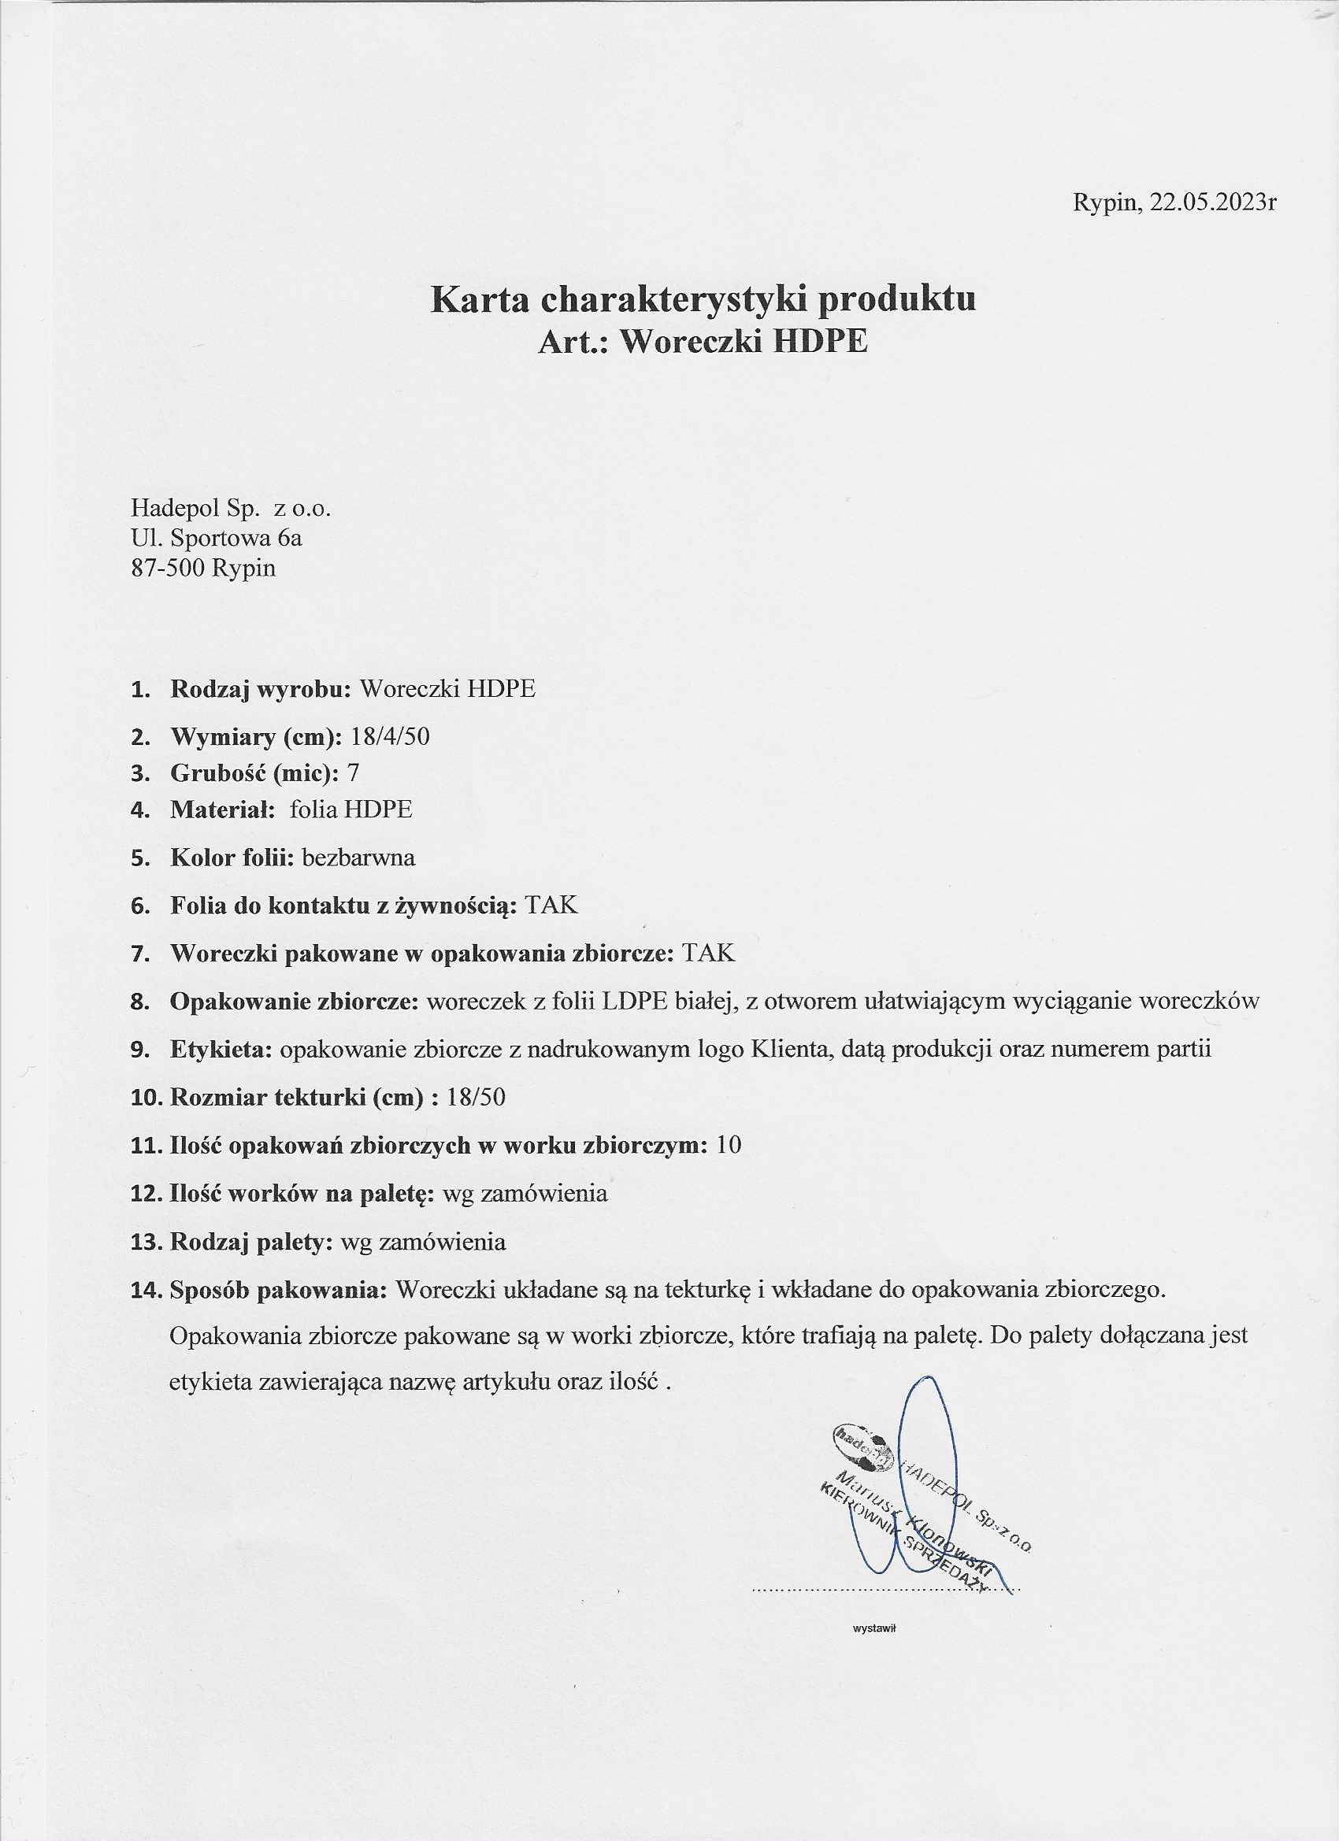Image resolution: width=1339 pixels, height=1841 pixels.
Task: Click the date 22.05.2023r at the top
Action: pyautogui.click(x=1213, y=203)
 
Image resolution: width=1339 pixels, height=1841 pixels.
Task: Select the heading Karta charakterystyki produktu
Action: pyautogui.click(x=703, y=299)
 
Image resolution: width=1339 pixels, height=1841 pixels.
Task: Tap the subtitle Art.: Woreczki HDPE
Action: pyautogui.click(x=703, y=342)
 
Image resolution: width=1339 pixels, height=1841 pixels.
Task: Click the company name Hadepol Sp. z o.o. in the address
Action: pyautogui.click(x=231, y=508)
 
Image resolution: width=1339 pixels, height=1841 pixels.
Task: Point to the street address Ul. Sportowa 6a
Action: pyautogui.click(x=216, y=537)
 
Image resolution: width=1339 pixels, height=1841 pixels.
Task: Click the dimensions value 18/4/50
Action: pyautogui.click(x=390, y=736)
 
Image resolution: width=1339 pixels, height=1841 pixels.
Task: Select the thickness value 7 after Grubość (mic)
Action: pyautogui.click(x=352, y=772)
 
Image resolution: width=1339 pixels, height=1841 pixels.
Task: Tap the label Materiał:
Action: pyautogui.click(x=222, y=809)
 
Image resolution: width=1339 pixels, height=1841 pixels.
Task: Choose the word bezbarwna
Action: pyautogui.click(x=358, y=858)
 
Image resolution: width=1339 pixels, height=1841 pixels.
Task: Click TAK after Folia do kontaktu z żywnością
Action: pyautogui.click(x=551, y=905)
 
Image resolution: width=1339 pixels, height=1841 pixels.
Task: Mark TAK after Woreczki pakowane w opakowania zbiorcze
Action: pyautogui.click(x=708, y=953)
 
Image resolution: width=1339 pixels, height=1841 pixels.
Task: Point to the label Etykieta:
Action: pyautogui.click(x=221, y=1049)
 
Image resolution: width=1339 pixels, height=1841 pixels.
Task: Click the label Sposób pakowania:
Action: pyautogui.click(x=278, y=1290)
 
